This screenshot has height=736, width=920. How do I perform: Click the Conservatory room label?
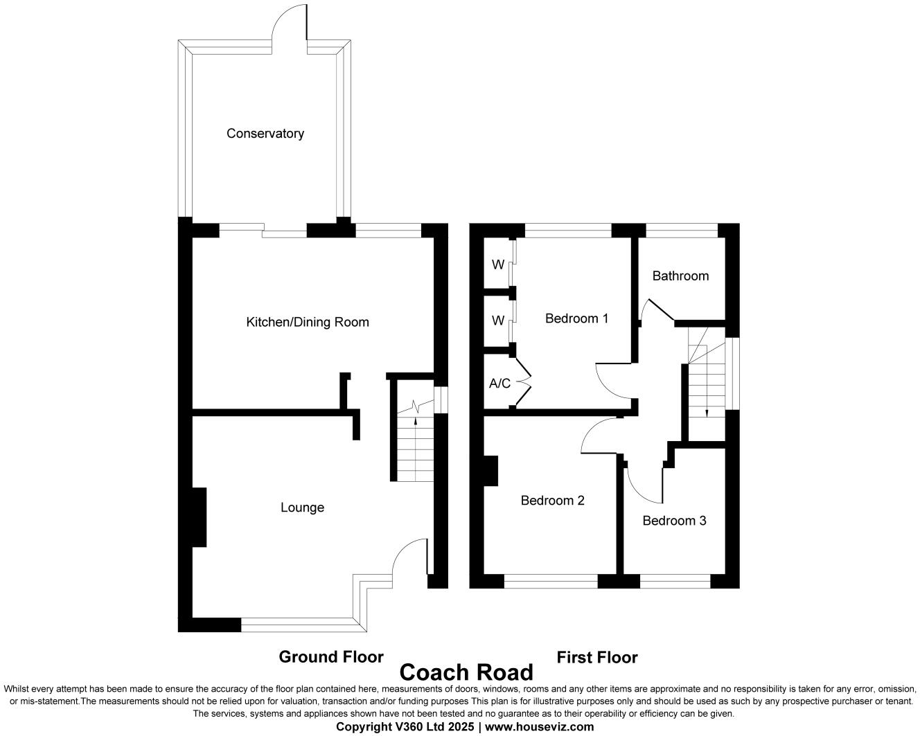coord(265,134)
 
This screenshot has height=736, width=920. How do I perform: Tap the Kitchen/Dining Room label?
coord(308,322)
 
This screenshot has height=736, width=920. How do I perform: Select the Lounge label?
coord(302,508)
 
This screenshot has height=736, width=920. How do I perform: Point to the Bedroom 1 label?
coord(576,318)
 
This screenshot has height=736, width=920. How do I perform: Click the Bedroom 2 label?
coord(552,500)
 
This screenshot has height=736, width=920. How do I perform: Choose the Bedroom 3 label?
coord(674,521)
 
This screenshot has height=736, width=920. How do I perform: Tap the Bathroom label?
coord(680,276)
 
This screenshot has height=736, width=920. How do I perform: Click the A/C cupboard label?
coord(499,383)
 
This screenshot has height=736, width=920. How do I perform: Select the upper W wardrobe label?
coord(497,264)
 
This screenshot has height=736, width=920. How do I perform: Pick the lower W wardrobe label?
coord(497,321)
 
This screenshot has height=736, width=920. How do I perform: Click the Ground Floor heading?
coord(331,656)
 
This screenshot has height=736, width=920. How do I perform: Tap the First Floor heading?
coord(596,657)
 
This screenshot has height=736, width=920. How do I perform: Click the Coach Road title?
coord(466,672)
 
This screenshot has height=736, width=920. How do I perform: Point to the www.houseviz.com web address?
coord(540,726)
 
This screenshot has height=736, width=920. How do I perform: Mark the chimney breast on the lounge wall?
coord(199,517)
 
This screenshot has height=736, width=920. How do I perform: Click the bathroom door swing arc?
coord(655,310)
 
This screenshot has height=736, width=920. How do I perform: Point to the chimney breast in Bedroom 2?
coord(490,471)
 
